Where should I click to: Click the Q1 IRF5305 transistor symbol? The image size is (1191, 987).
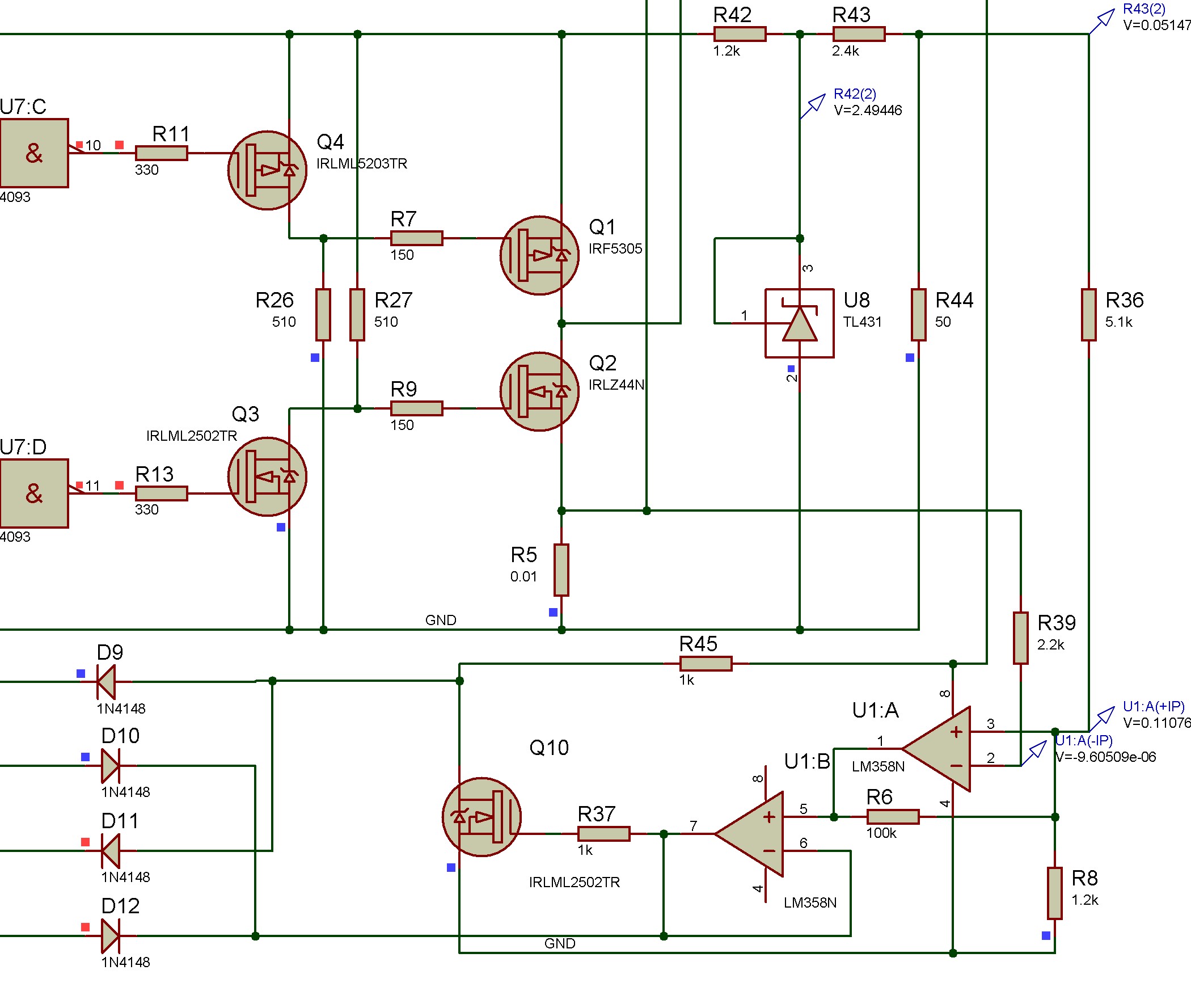coord(539,255)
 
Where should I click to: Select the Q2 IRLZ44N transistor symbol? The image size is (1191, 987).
coord(539,391)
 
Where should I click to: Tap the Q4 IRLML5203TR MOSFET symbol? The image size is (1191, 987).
coord(267,170)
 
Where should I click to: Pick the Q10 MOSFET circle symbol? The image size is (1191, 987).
coord(482,817)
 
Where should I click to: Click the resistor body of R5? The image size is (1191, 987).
coord(561,570)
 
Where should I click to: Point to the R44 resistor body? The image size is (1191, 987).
coord(919,314)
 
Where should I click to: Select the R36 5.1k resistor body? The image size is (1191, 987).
coord(1089,314)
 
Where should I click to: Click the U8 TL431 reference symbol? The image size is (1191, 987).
coord(800,323)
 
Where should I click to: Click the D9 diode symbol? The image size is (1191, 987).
coord(106,681)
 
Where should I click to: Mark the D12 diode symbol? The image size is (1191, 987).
coord(110,936)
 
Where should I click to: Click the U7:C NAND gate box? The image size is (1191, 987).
coord(34,153)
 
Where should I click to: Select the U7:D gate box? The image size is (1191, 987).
coord(34,493)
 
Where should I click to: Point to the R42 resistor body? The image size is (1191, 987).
coord(740,34)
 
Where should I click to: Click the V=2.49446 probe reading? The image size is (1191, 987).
coord(868,110)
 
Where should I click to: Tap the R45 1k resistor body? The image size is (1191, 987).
coord(706,664)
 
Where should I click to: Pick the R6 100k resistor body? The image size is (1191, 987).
coord(893,817)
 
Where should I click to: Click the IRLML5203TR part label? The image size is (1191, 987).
coord(362,164)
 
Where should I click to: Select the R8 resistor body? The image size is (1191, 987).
coord(1055,893)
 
